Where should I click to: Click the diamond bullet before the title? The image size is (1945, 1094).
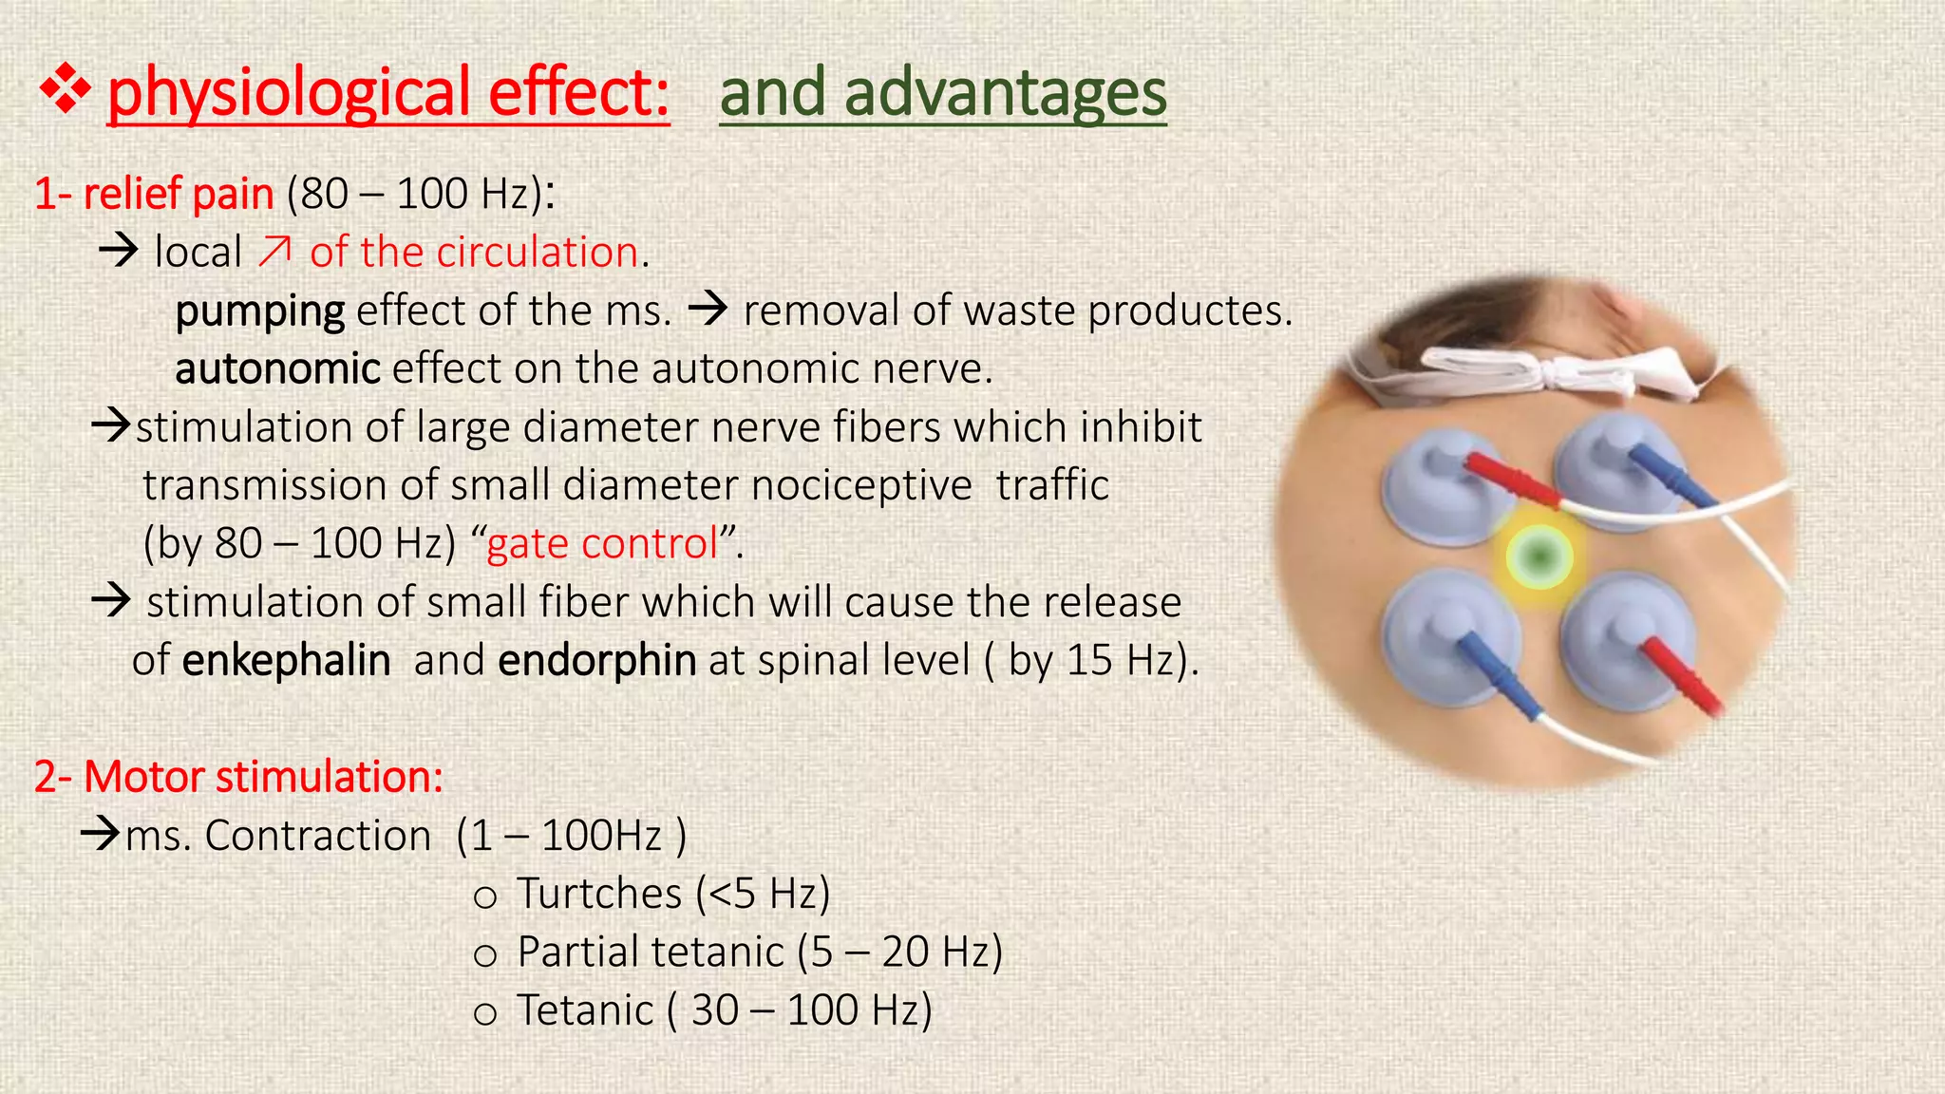click(65, 92)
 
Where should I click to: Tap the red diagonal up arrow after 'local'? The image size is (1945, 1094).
click(275, 252)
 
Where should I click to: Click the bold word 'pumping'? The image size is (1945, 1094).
click(260, 311)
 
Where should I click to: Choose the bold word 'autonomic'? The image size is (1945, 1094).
click(277, 369)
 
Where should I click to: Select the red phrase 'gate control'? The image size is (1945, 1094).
click(602, 544)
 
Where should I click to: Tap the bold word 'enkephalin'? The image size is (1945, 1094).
click(286, 661)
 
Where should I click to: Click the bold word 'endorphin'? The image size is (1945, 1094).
click(596, 661)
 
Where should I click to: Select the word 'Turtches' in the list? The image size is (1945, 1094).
click(599, 895)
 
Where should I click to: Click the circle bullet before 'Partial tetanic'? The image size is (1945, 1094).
click(485, 954)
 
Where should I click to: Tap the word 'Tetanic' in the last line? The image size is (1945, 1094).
click(585, 1010)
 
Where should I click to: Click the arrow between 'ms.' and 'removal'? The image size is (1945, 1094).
click(707, 310)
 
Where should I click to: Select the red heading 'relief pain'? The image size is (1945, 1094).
click(179, 194)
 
